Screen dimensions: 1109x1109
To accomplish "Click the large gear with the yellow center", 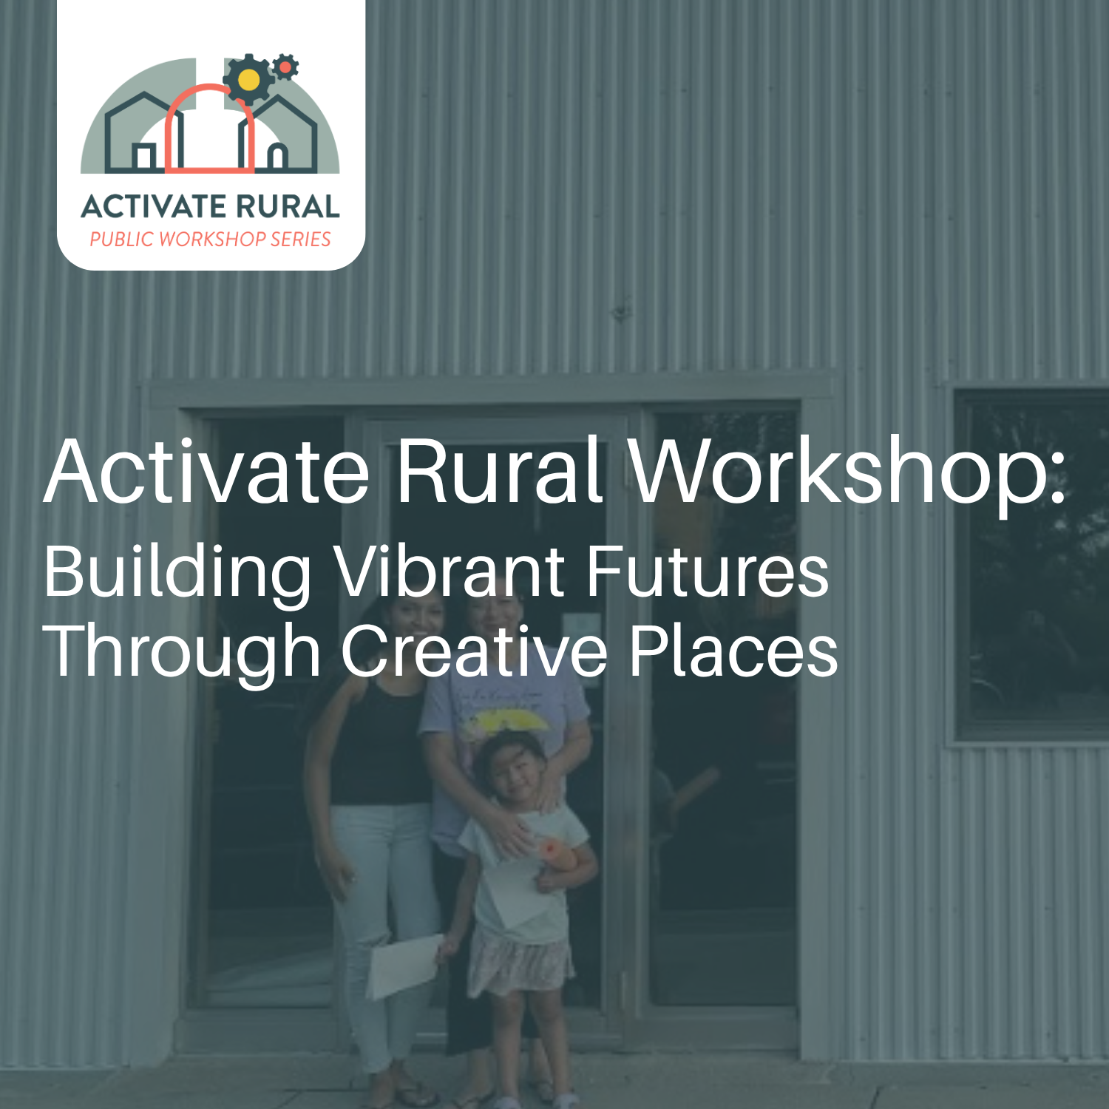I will [249, 79].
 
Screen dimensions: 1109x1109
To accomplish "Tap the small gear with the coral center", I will [285, 67].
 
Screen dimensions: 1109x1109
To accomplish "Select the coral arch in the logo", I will [209, 129].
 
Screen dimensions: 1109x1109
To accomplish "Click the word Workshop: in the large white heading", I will [847, 471].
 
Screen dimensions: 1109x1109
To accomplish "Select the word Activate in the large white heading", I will [207, 471].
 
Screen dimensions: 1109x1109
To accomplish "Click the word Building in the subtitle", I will [177, 573].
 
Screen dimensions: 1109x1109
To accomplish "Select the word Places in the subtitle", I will [733, 651].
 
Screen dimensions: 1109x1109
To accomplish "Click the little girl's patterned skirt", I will [520, 961].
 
